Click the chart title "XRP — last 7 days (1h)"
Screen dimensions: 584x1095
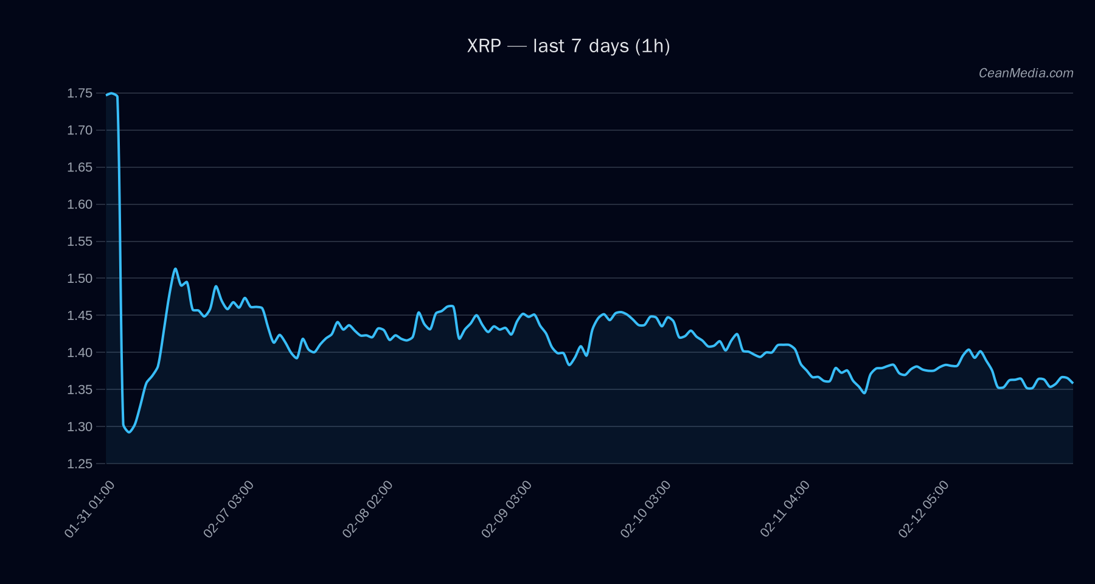click(x=568, y=46)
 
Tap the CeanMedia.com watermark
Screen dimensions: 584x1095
click(x=1026, y=73)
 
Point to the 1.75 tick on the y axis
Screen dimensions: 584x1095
click(x=80, y=93)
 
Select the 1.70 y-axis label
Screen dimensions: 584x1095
click(x=80, y=130)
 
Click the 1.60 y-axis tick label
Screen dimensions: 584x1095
click(x=80, y=204)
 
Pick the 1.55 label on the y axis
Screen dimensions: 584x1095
click(x=80, y=242)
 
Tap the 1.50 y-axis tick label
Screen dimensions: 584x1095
click(x=80, y=279)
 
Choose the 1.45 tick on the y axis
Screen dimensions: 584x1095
click(x=80, y=316)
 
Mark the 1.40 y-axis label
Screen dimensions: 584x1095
click(x=80, y=353)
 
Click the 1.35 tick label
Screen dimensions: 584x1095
click(x=80, y=389)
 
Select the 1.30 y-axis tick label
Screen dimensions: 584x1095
click(x=80, y=426)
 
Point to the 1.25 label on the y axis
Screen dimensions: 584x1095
click(x=80, y=464)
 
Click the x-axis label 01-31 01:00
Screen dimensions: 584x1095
click(x=89, y=509)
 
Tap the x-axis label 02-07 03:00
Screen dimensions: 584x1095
click(x=229, y=509)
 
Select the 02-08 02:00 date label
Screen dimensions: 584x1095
click(x=367, y=509)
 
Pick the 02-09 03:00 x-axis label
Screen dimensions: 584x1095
click(x=507, y=509)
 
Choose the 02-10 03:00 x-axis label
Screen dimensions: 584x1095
click(x=645, y=509)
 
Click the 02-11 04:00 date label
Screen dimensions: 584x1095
click(x=785, y=509)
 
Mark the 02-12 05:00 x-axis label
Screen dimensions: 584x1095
click(x=923, y=509)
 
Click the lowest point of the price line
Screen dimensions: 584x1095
click(x=129, y=432)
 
